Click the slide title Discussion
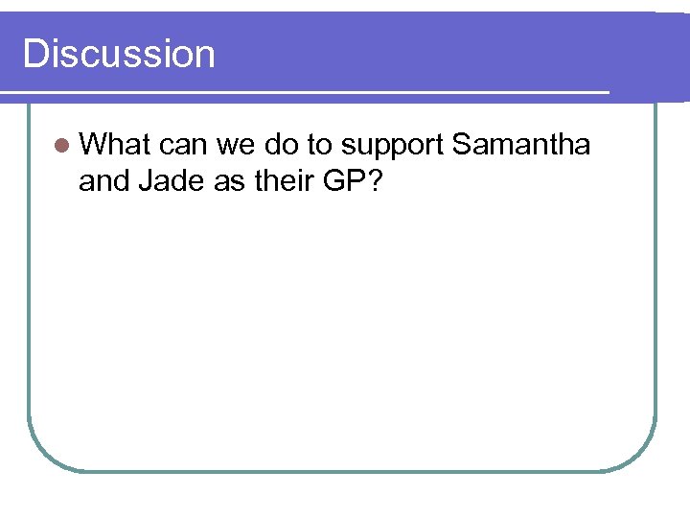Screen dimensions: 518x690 pos(119,54)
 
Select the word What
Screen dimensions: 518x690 pos(117,146)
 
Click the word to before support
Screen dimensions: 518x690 pos(323,146)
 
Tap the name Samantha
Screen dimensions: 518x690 pos(520,146)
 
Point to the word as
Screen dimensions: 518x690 pos(230,180)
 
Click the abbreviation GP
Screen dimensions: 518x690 pos(342,180)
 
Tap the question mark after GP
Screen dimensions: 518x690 pos(373,180)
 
